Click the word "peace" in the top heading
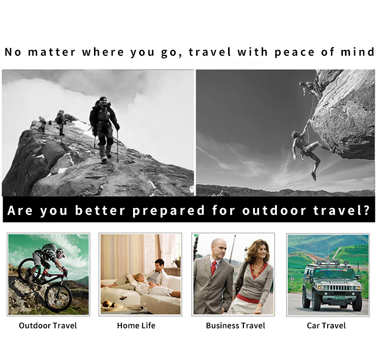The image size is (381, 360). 295,52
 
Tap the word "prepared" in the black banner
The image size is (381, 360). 169,211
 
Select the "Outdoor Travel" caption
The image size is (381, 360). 48,325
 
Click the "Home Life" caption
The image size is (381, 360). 136,325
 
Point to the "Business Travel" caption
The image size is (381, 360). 235,325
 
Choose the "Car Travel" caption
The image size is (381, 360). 326,325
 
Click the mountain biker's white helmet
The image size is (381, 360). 61,252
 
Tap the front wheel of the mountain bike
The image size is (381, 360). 58,297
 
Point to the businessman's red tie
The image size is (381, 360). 214,268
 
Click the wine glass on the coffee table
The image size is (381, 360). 123,299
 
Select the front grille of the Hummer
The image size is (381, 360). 339,288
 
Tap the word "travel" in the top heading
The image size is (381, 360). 210,52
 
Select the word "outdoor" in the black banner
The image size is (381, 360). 274,210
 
